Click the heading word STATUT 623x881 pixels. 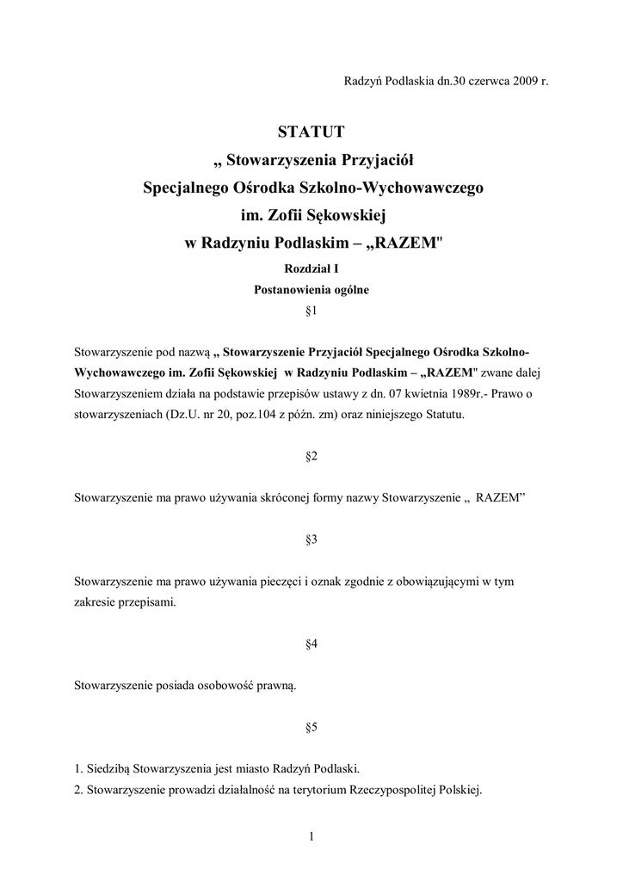click(x=311, y=132)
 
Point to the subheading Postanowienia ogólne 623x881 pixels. click(x=311, y=290)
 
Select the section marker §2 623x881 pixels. click(x=311, y=456)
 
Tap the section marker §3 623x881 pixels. click(x=311, y=539)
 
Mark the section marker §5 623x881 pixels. click(x=311, y=727)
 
